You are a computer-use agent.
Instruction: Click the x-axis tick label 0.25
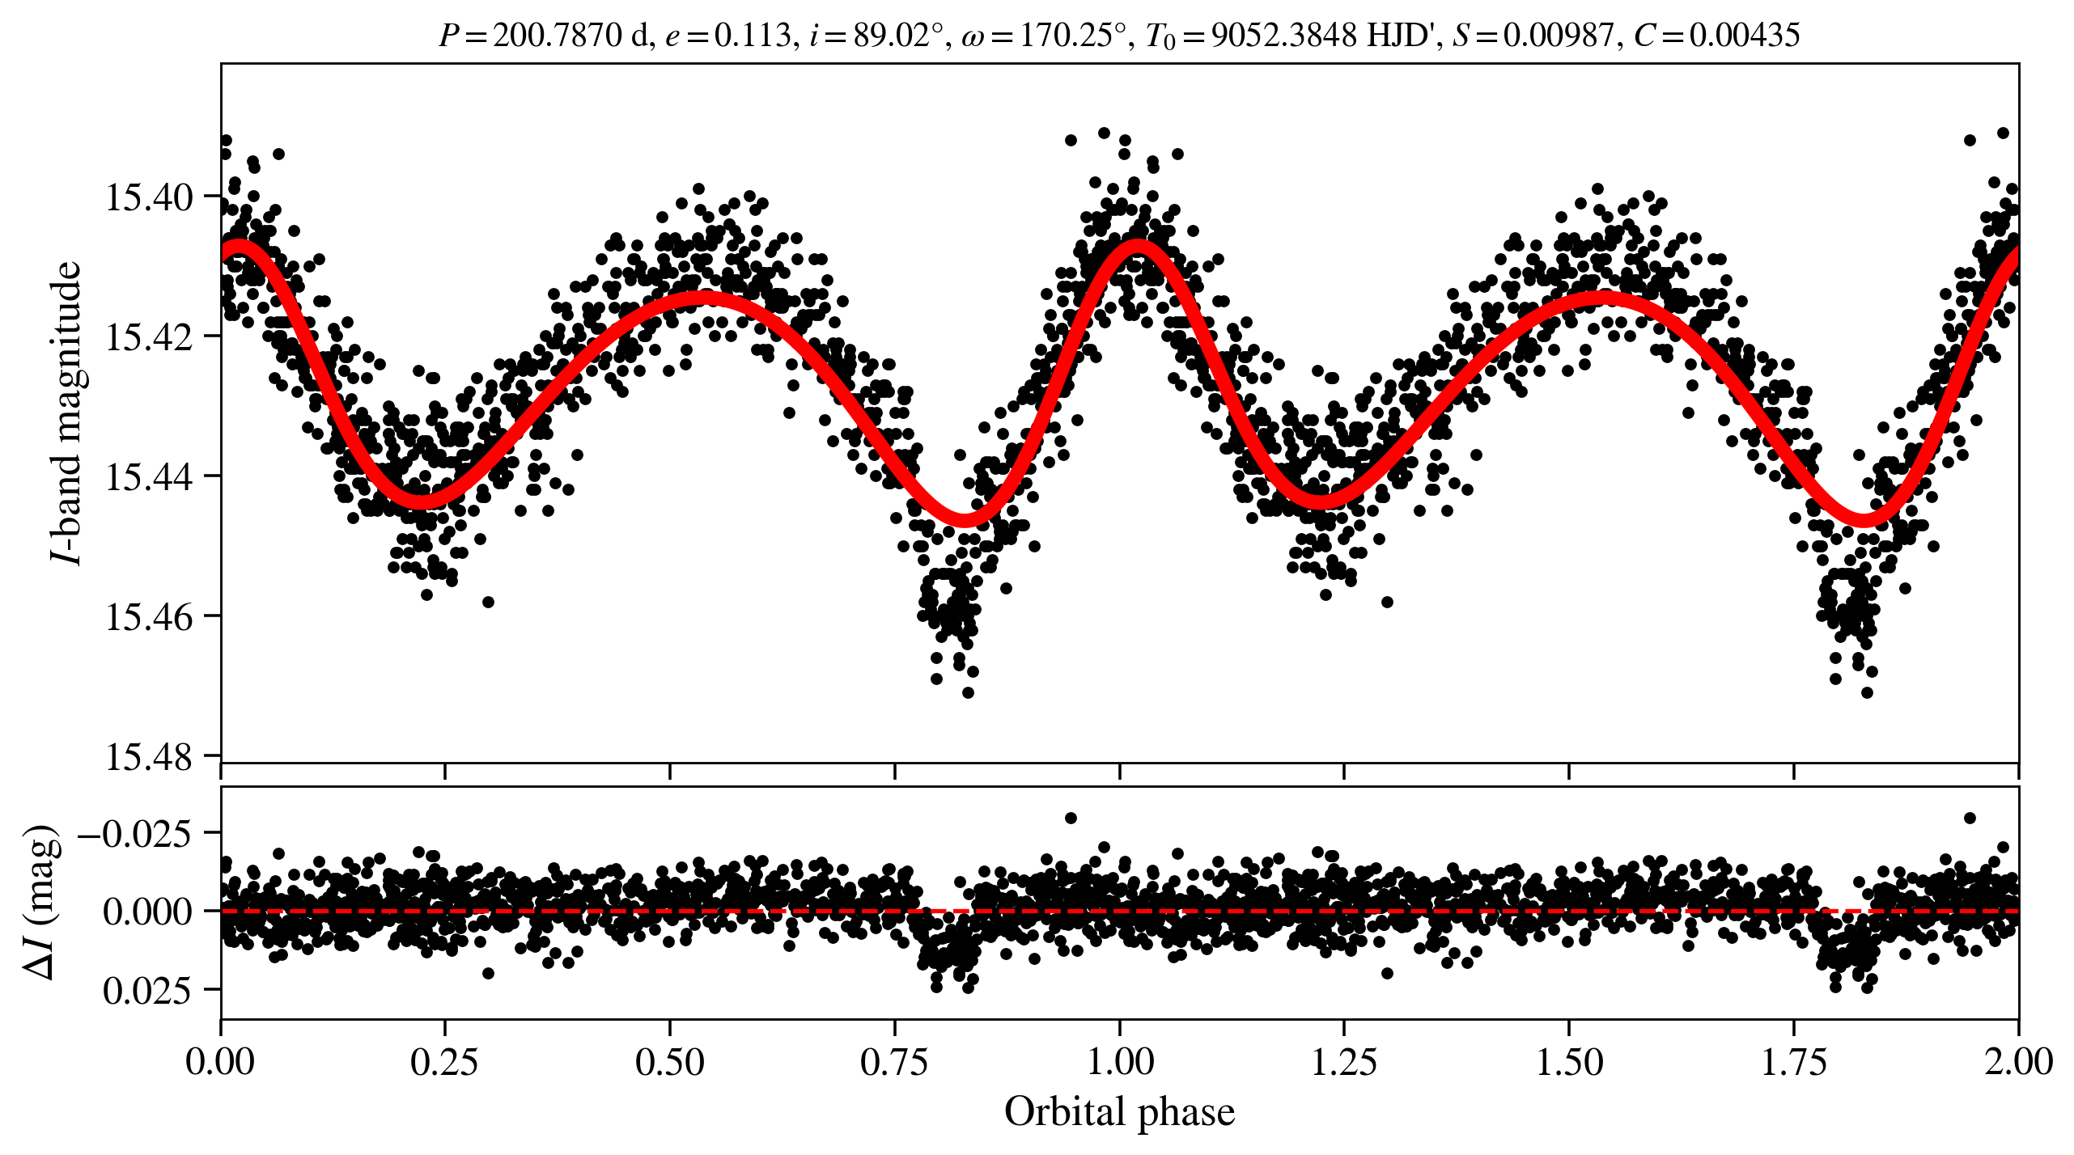[444, 1062]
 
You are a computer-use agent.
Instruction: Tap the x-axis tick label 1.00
[1119, 1062]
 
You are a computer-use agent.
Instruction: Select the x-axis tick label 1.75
[1794, 1062]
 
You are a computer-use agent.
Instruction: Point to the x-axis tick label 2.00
[2018, 1062]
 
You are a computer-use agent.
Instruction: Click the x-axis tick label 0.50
[669, 1062]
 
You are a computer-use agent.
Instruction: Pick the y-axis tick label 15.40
[150, 197]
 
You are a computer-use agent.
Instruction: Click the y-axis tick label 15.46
[150, 617]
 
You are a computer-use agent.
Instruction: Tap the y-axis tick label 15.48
[150, 758]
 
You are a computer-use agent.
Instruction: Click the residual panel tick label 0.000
[148, 912]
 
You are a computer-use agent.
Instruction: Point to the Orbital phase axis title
[1119, 1112]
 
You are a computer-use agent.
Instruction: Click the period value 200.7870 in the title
[558, 36]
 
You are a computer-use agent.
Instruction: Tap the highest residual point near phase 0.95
[1071, 818]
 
